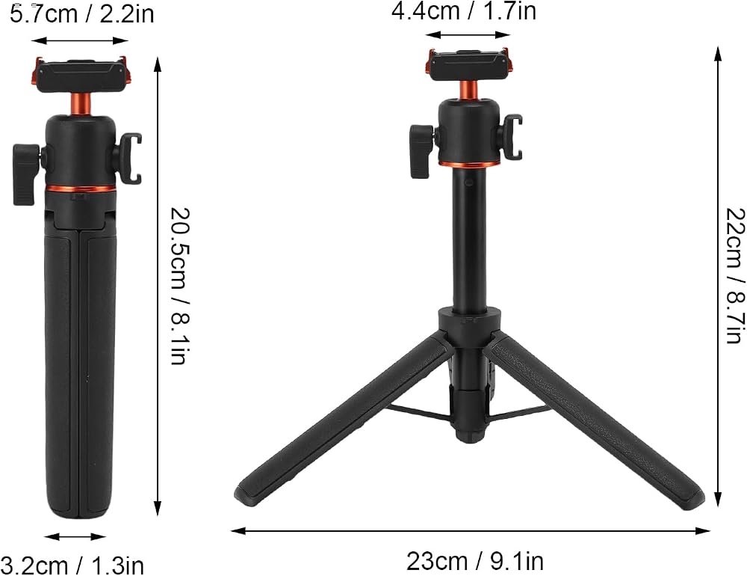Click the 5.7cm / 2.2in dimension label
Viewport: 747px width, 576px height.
pos(81,14)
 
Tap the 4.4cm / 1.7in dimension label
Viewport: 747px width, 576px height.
pos(464,10)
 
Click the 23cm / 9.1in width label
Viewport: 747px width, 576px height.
pos(474,561)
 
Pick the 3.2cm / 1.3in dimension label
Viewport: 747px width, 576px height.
pos(72,565)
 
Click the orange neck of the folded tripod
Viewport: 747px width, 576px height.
pos(80,104)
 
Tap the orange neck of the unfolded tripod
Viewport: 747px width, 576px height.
pos(469,91)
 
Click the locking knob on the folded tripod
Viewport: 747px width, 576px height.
pos(25,174)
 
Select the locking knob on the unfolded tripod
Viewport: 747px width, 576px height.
pos(421,150)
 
